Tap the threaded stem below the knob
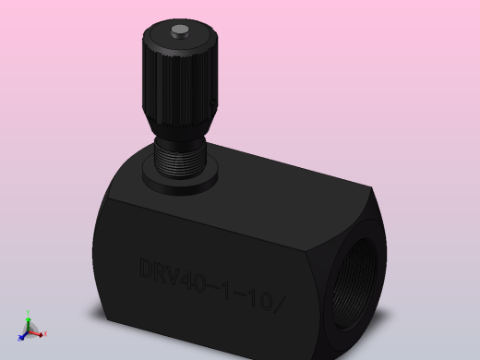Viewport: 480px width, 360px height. (x=177, y=159)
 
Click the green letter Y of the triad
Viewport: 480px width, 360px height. (x=30, y=314)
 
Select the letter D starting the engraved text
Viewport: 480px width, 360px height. (x=147, y=269)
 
